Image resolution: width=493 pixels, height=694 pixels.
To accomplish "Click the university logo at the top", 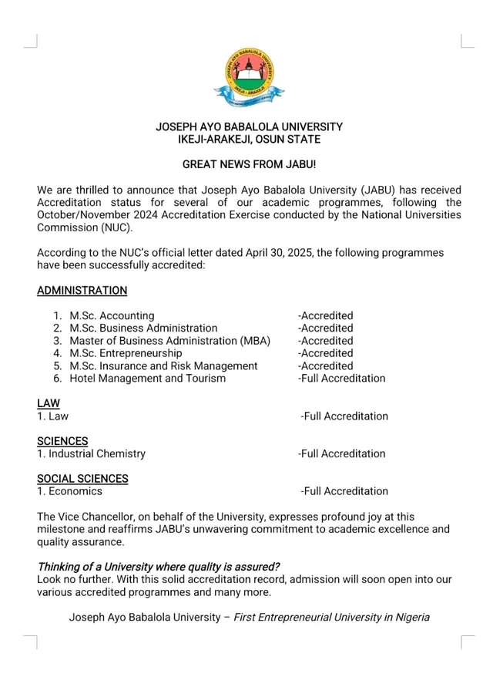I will [x=249, y=77].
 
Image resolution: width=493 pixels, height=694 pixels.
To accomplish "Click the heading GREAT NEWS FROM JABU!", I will [x=249, y=164].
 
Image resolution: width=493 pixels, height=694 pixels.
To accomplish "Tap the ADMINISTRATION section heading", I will [x=82, y=291].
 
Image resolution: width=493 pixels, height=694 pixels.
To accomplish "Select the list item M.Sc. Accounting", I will [x=112, y=315].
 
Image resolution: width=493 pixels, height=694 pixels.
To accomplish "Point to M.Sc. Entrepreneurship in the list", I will [x=126, y=353].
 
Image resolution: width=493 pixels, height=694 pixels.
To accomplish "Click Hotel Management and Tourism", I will [x=147, y=379].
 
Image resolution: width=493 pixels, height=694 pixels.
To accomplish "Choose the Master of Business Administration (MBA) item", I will [x=163, y=341].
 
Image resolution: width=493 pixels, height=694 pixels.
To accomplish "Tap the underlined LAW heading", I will [x=48, y=403].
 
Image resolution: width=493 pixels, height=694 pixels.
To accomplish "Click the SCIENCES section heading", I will [x=62, y=441].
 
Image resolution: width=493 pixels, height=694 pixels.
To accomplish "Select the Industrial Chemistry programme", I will [x=96, y=453].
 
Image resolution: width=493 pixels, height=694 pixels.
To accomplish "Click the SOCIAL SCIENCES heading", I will [x=82, y=479].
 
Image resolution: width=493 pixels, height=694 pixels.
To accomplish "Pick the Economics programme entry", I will [x=74, y=491].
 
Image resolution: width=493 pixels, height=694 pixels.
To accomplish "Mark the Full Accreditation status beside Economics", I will [x=344, y=491].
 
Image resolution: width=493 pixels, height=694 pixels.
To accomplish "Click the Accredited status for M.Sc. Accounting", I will [x=326, y=315].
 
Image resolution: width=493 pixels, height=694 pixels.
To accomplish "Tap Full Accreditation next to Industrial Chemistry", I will [x=342, y=453].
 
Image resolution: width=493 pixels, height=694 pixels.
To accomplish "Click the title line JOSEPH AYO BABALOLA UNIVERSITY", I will [x=249, y=126].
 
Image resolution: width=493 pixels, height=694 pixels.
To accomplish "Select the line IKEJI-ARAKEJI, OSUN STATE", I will [x=249, y=140].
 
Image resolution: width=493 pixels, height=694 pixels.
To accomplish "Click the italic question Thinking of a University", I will [x=159, y=567].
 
